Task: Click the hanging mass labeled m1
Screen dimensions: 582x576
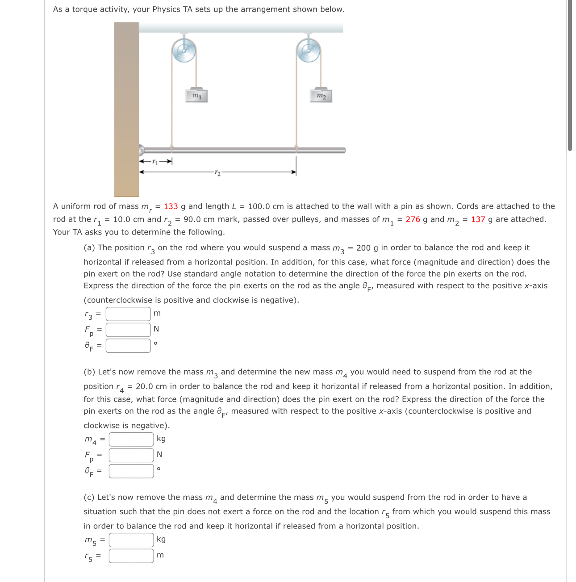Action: [196, 95]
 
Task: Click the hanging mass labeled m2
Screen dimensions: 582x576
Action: [321, 95]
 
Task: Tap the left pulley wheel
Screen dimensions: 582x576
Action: [184, 50]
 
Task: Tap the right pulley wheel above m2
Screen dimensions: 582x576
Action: [309, 50]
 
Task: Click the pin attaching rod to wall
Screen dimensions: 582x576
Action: [141, 150]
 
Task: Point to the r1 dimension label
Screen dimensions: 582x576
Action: [155, 161]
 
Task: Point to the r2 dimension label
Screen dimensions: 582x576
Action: [217, 172]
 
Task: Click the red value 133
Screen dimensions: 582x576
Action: [171, 206]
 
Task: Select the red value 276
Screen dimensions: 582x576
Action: [413, 219]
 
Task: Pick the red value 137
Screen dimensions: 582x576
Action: [478, 219]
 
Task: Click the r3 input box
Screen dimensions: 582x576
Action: [128, 314]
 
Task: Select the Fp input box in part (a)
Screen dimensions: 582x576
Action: [128, 330]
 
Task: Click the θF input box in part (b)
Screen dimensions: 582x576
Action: [131, 471]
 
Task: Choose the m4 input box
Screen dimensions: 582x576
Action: [131, 439]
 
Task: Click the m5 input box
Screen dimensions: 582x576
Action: [131, 540]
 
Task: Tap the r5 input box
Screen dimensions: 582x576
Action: [131, 556]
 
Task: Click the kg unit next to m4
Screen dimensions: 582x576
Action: [161, 439]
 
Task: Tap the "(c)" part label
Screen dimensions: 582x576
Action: [89, 497]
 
